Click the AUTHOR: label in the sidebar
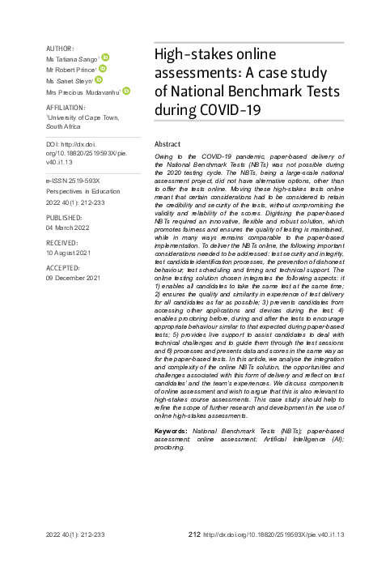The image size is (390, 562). coord(61,49)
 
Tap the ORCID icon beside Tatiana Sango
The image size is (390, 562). coord(105,57)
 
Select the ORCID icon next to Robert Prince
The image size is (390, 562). coord(103,69)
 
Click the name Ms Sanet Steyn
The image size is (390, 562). coord(70,82)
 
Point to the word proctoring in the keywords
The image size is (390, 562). coord(169,447)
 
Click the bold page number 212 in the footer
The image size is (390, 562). coord(193,535)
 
